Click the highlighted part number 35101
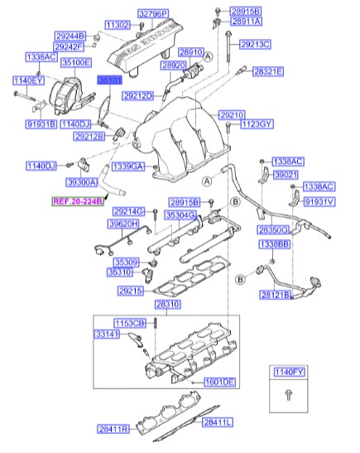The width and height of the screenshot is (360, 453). (109, 80)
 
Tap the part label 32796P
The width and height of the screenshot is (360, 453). (152, 14)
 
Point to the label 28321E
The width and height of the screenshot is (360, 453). (267, 72)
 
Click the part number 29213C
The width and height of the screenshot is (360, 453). (256, 43)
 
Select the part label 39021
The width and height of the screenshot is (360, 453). (286, 175)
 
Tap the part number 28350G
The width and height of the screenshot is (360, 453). (273, 229)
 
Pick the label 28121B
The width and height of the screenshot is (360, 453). (276, 294)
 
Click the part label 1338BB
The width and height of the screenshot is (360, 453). (273, 244)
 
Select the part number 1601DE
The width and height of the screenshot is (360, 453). (219, 382)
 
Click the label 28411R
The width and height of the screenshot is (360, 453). (112, 428)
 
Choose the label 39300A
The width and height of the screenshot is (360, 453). (82, 181)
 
